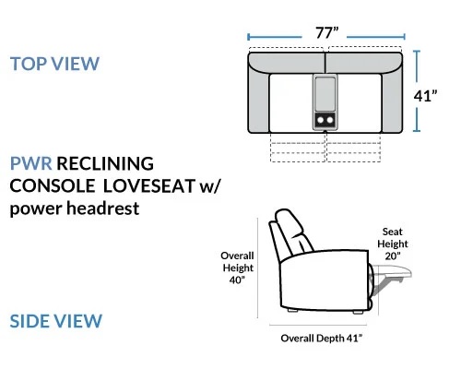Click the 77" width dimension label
pos(327,33)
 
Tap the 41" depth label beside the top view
pos(425,96)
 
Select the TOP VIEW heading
pos(54,64)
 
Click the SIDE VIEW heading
pos(55,321)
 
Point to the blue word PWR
pos(30,163)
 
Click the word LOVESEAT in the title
pos(149,185)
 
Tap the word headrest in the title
pos(103,208)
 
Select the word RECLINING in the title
pos(105,163)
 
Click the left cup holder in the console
pos(320,120)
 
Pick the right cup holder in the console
pos(330,120)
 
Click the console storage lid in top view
pos(325,94)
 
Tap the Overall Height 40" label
pos(237,268)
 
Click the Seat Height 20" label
pos(393,244)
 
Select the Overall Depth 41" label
pos(322,339)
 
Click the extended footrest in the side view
pos(393,272)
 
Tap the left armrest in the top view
pos(259,101)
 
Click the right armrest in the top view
pos(392,101)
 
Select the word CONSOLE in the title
pos(53,185)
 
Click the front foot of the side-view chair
pos(358,312)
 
